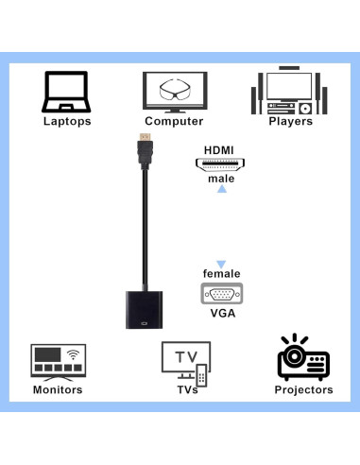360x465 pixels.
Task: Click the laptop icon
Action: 66,92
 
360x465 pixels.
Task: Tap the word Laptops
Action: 67,121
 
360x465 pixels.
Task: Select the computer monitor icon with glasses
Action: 174,92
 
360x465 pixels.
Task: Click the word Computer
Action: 174,121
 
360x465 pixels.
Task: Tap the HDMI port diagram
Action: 221,165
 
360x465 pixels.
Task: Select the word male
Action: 221,179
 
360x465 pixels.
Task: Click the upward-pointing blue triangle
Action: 222,190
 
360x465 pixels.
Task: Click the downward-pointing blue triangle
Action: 221,265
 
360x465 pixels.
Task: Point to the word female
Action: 221,274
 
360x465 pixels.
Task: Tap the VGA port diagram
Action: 221,294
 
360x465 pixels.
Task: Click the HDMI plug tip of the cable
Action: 145,146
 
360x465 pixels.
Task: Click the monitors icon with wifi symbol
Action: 59,361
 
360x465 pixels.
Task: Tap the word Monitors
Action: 59,389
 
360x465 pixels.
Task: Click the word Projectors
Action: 303,389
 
